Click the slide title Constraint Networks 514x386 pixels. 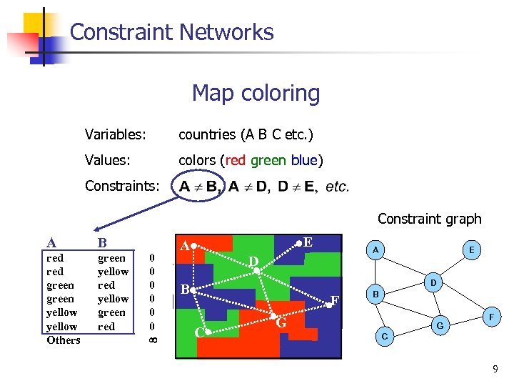coord(172,32)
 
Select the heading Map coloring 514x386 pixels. coord(256,93)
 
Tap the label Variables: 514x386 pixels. coord(116,134)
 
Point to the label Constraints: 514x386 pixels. coord(122,186)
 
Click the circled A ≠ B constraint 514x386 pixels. coord(198,187)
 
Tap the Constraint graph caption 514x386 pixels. coord(429,219)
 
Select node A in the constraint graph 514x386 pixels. coord(376,249)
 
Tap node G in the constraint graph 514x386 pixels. coord(440,326)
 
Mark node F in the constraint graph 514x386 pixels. coord(490,315)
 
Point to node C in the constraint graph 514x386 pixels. coord(385,336)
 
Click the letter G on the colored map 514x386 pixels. coord(281,324)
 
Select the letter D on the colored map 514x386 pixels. coord(253,262)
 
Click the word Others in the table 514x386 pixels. coord(64,340)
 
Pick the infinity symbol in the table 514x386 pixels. coord(151,340)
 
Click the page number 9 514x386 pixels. coord(495,370)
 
